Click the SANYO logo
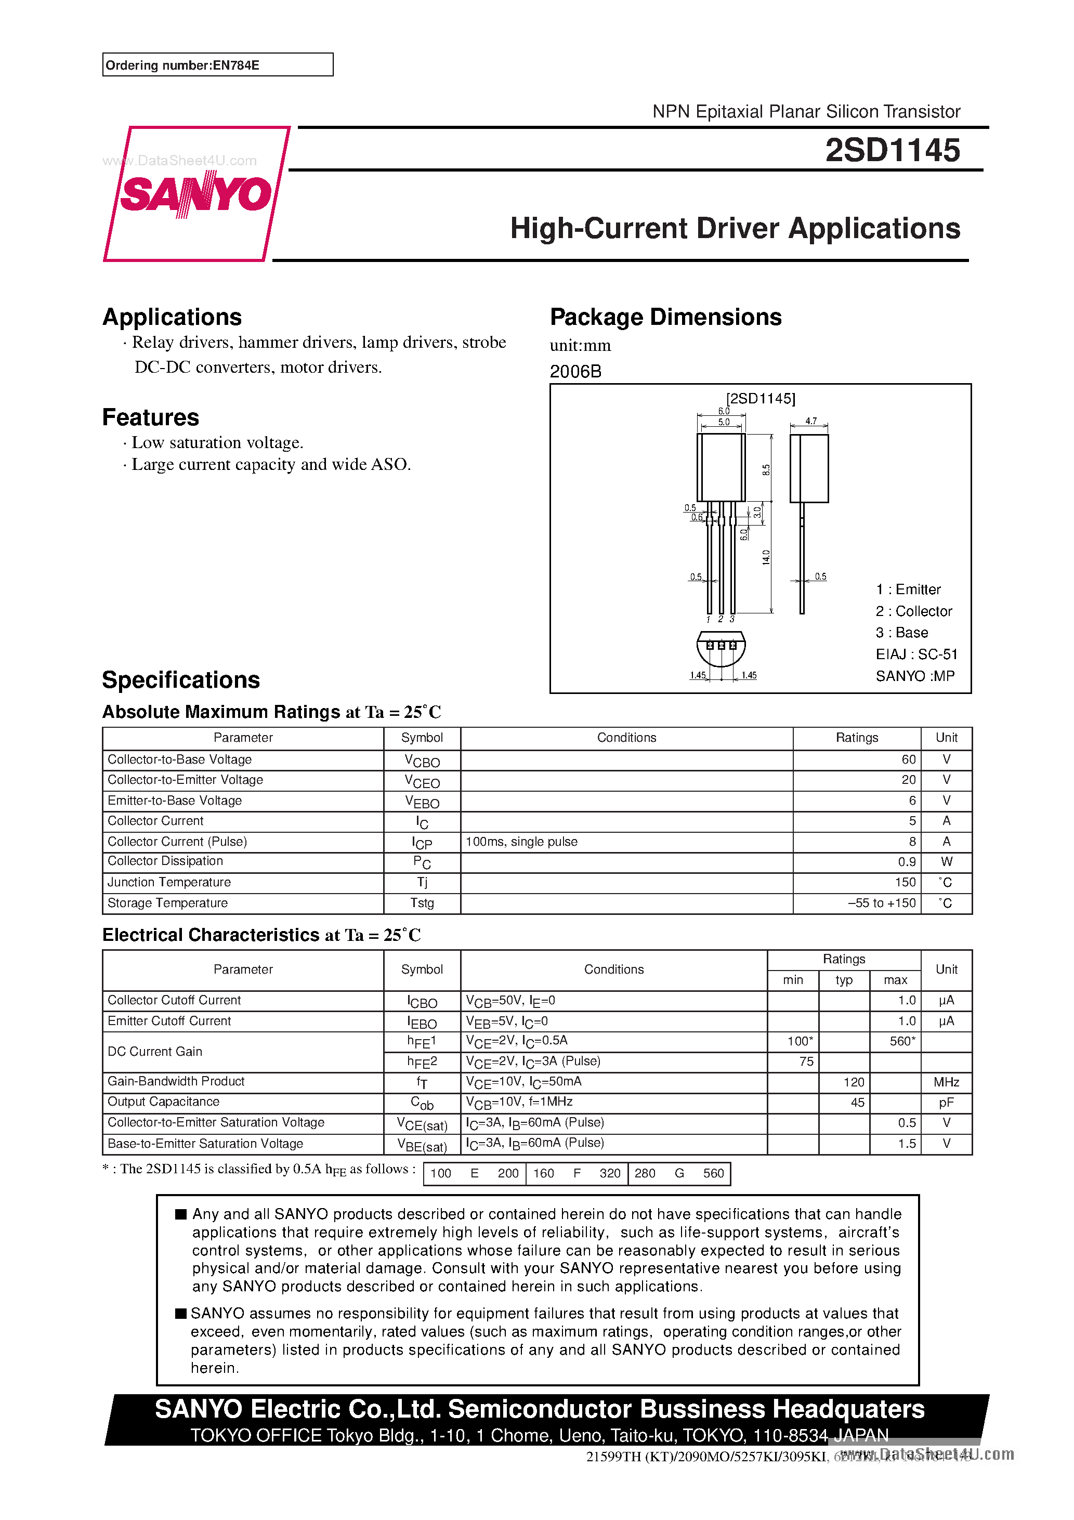[196, 193]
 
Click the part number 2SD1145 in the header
[892, 150]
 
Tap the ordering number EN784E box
[217, 65]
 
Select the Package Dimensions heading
[665, 317]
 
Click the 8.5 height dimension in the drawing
[766, 469]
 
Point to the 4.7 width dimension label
[810, 421]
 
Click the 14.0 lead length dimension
[766, 557]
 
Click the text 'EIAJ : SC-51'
[916, 654]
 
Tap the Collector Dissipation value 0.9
[907, 862]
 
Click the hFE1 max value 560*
[902, 1041]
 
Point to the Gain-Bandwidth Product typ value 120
[853, 1082]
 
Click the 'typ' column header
[844, 980]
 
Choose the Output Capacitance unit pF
[946, 1102]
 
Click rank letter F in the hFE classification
[577, 1173]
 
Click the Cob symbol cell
[422, 1103]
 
